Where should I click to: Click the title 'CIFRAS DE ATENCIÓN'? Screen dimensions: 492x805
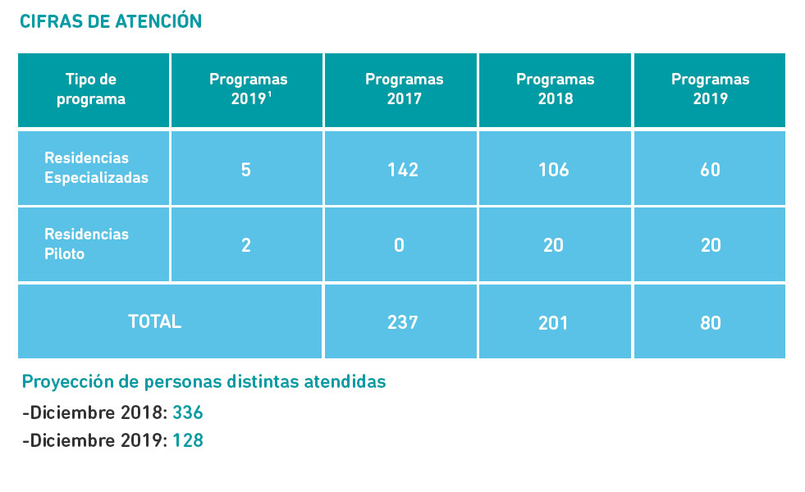[111, 21]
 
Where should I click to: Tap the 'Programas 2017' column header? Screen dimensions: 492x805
[404, 90]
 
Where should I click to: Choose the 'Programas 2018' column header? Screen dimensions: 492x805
[555, 90]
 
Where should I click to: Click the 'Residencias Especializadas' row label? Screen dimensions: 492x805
[96, 168]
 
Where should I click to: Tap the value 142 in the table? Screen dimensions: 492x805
[402, 170]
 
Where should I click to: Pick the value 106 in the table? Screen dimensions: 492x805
[554, 170]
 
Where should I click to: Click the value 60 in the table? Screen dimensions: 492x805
[710, 170]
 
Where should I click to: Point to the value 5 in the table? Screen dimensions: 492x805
[246, 170]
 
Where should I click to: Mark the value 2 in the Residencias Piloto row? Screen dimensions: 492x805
[246, 245]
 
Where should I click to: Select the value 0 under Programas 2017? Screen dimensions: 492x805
[399, 245]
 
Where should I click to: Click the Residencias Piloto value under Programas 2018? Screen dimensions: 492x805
[554, 245]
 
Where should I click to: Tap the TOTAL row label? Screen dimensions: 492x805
[154, 321]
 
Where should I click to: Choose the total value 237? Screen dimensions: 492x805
[402, 322]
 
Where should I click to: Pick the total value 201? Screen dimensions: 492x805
[554, 322]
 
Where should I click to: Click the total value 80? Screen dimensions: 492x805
[710, 322]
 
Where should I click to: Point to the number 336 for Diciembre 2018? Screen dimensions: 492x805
[187, 412]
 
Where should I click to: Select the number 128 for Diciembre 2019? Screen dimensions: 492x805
[187, 441]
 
